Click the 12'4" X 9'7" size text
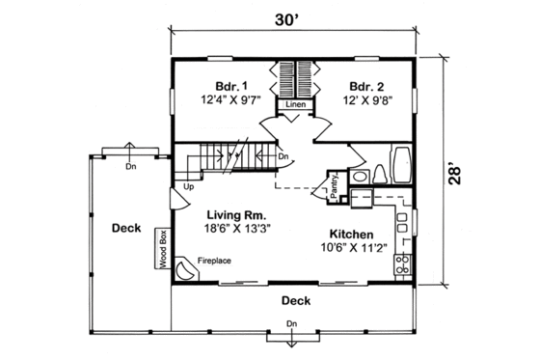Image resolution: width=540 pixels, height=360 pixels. (x=225, y=100)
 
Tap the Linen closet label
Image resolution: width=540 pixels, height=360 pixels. (x=295, y=103)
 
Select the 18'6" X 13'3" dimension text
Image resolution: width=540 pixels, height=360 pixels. (x=236, y=230)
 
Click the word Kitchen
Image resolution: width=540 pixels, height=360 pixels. (x=352, y=235)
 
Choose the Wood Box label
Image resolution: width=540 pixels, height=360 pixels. (x=164, y=247)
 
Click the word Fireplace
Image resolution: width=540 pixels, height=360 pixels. (x=215, y=261)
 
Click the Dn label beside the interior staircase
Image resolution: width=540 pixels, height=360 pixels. (x=283, y=155)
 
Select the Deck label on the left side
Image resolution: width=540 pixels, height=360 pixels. (x=125, y=229)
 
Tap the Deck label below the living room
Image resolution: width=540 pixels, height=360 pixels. (x=295, y=300)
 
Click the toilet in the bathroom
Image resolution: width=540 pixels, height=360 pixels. (x=380, y=174)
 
